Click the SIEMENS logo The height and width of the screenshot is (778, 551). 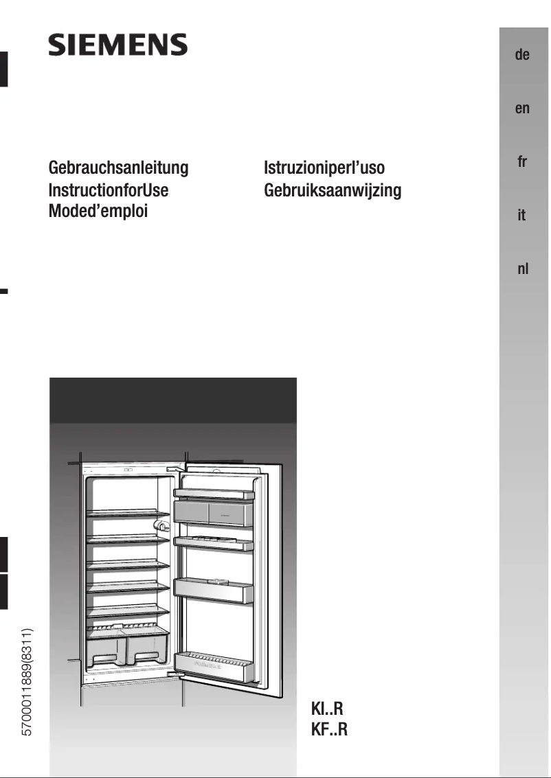tap(117, 45)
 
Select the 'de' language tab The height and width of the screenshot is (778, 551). tap(522, 55)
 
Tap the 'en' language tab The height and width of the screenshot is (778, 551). tap(522, 108)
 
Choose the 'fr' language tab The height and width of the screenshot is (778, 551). tap(522, 162)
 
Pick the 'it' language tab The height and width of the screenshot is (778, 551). tap(522, 216)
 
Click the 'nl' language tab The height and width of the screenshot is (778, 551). tap(522, 269)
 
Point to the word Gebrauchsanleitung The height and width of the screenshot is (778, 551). tap(118, 168)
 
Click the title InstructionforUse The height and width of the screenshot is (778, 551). tap(109, 190)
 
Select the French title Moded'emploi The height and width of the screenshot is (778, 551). tap(98, 211)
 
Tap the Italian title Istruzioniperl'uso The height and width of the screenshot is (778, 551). tap(324, 168)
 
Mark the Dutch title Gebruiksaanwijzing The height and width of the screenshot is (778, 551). tap(333, 190)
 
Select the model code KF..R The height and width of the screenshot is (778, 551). tap(330, 729)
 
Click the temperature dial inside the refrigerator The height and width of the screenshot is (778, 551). tap(162, 525)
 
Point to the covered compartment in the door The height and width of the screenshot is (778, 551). tap(214, 512)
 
